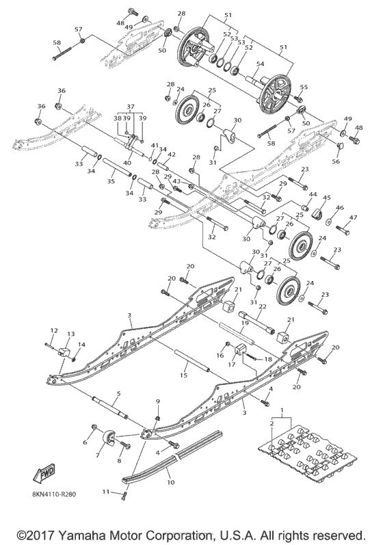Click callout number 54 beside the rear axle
(261, 64)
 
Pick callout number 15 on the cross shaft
(183, 376)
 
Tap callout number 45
(327, 198)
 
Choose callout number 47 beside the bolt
(354, 217)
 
